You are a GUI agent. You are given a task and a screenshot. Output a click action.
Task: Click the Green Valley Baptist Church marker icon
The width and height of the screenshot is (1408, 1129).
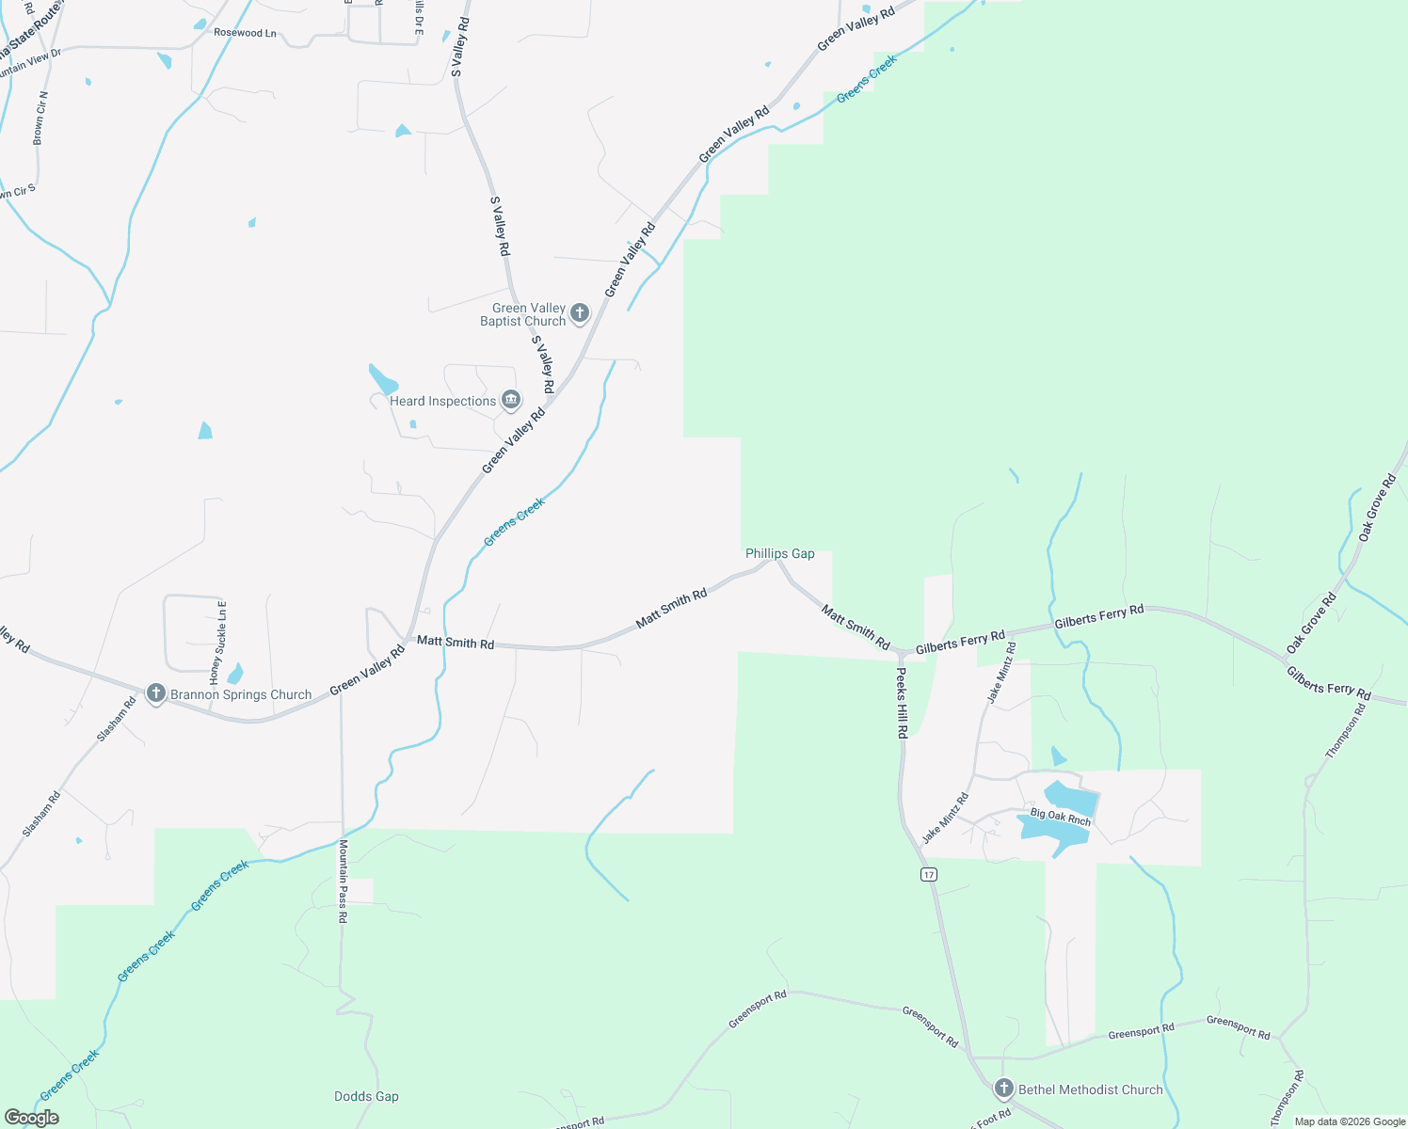[x=580, y=313]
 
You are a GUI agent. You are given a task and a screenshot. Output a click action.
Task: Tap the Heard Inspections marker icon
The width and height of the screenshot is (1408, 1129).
[x=511, y=400]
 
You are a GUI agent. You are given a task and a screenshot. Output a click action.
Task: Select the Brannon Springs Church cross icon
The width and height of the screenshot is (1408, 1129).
[x=156, y=694]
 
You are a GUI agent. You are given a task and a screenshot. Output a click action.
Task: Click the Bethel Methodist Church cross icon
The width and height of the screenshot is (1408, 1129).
[x=1004, y=1089]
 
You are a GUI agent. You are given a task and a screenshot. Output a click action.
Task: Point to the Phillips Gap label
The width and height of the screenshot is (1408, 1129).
[x=779, y=553]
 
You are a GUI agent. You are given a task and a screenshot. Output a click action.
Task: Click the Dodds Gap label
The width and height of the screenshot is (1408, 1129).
[x=366, y=1096]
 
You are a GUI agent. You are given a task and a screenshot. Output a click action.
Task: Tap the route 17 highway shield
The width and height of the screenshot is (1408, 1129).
[x=929, y=874]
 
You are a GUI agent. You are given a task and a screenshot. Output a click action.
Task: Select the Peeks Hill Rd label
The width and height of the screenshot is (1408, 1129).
[x=902, y=702]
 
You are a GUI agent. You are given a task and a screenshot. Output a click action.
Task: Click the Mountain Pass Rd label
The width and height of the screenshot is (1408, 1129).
[x=344, y=881]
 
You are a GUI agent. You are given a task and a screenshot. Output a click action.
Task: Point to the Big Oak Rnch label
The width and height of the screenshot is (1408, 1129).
[x=1060, y=816]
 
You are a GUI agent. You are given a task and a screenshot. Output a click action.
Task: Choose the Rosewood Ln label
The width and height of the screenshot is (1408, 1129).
[x=245, y=33]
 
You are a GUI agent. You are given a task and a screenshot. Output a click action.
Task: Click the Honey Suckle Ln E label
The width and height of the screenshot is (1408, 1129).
[x=218, y=642]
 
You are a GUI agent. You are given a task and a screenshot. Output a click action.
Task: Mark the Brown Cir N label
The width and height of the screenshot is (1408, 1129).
[x=40, y=118]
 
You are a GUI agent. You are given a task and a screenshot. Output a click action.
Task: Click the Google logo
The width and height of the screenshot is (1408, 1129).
[x=32, y=1117]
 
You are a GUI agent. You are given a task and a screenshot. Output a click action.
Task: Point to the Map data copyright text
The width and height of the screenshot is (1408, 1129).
[x=1349, y=1121]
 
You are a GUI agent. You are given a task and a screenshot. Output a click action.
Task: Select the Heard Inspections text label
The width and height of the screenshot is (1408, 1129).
[x=442, y=401]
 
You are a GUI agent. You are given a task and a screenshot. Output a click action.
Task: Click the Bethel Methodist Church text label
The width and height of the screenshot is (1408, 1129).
[x=1090, y=1089]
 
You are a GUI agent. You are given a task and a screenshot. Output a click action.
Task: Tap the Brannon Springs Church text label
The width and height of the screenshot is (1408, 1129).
[x=240, y=694]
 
